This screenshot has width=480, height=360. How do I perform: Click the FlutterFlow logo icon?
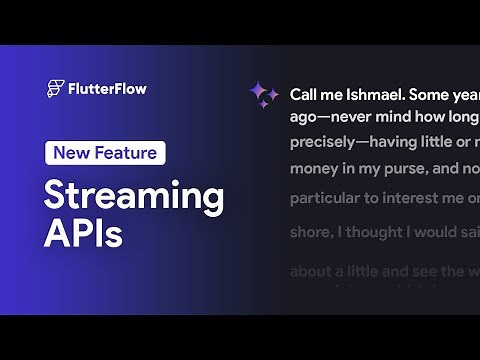point(56,88)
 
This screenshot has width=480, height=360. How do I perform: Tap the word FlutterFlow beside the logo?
point(108,88)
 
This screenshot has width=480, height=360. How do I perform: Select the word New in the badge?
point(73,153)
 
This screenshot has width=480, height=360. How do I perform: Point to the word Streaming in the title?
point(133,197)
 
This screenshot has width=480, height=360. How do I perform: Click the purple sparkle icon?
point(264,95)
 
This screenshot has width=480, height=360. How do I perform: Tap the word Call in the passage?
point(304,96)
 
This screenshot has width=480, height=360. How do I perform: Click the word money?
point(314,168)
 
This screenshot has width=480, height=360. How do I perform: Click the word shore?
point(311,233)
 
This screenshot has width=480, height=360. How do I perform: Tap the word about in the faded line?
point(311,271)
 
